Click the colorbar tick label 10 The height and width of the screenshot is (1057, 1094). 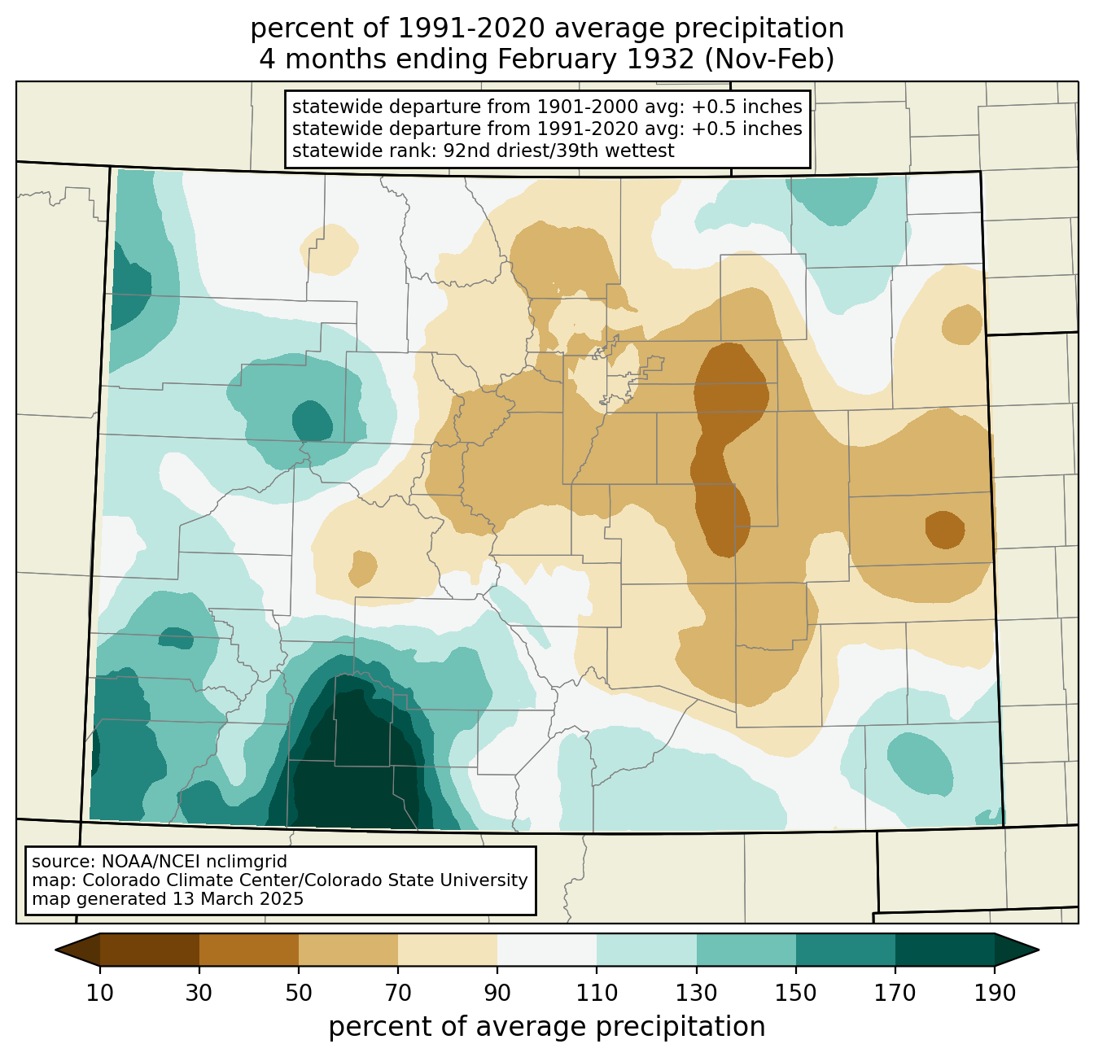click(99, 993)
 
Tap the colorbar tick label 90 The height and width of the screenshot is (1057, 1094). click(497, 993)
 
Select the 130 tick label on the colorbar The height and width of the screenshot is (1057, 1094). click(696, 993)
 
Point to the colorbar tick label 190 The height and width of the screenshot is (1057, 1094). click(995, 993)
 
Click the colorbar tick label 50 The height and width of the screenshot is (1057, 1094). click(299, 993)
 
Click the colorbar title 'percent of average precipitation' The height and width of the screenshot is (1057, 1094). click(546, 1027)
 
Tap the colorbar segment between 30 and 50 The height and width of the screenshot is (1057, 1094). click(248, 950)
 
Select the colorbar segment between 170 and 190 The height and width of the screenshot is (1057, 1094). click(944, 950)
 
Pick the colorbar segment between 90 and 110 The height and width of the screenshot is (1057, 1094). click(547, 950)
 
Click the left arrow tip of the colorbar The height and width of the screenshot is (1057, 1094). click(55, 950)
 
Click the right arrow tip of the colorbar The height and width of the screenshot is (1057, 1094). click(1039, 950)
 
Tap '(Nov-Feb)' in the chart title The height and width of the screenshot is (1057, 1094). click(769, 59)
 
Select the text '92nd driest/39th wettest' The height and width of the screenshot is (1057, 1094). click(559, 151)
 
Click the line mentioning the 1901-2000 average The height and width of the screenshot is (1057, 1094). click(547, 107)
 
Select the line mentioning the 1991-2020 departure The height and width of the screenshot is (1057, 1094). click(547, 129)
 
